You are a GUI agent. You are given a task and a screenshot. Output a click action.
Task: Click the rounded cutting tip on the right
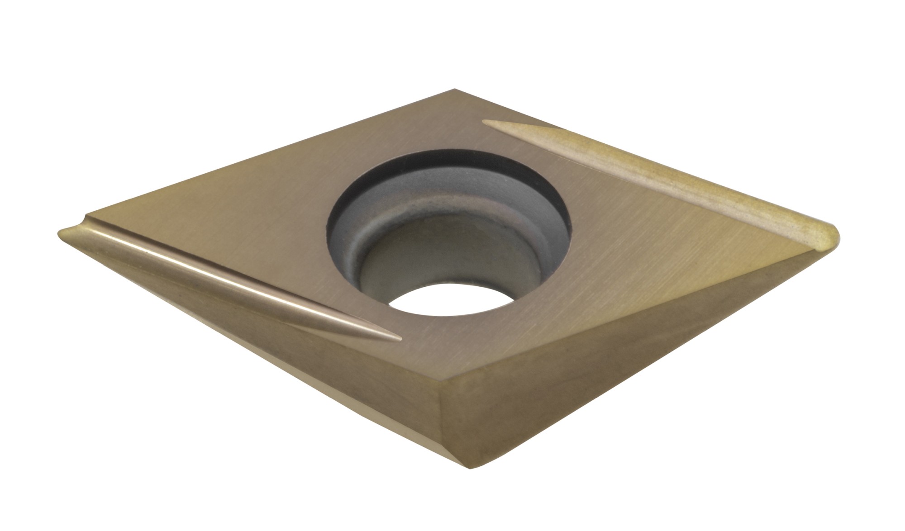(x=830, y=237)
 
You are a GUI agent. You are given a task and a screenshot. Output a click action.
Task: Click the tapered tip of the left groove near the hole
(x=394, y=337)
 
